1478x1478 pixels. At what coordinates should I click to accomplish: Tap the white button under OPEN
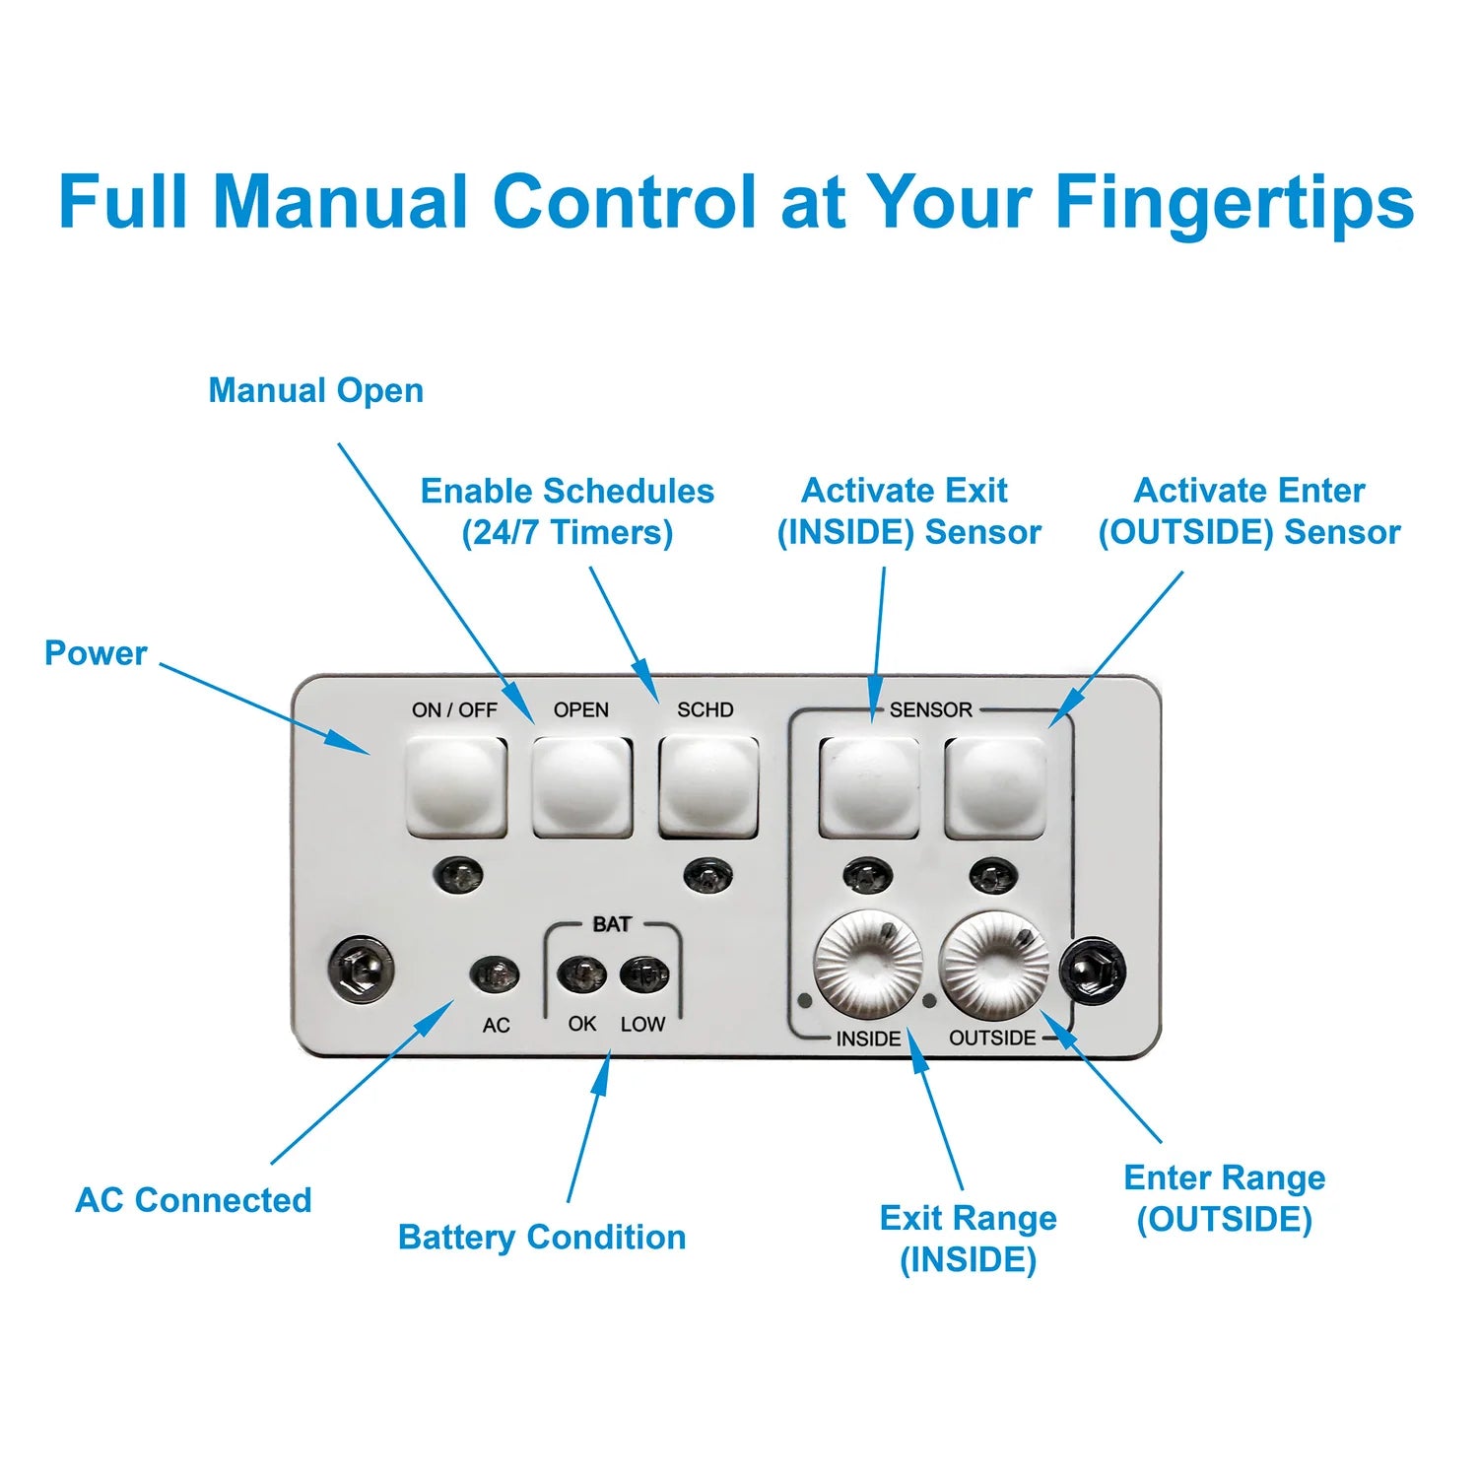point(582,786)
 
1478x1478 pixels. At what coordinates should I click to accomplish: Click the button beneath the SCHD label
point(707,786)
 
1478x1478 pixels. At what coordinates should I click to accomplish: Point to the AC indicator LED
point(495,975)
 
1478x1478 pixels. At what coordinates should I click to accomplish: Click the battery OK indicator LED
point(581,975)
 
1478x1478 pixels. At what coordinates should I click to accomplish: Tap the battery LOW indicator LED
point(643,975)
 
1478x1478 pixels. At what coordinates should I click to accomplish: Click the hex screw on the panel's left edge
point(361,970)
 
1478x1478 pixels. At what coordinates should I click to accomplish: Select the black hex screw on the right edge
point(1094,970)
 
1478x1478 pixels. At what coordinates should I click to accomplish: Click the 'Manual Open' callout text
point(315,391)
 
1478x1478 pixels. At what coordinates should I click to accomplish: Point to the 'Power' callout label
point(96,653)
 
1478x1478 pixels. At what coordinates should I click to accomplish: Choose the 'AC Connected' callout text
point(193,1200)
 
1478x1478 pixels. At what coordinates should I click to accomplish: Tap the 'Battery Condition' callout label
point(542,1238)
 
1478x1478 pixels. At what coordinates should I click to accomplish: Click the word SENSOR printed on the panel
point(930,709)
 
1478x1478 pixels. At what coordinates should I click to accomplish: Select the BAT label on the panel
point(612,924)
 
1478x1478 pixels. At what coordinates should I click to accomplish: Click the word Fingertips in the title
point(1234,203)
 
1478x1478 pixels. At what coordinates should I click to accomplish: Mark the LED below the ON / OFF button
point(459,873)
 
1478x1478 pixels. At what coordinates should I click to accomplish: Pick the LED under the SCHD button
point(707,873)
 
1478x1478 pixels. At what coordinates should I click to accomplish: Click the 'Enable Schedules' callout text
point(568,491)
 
